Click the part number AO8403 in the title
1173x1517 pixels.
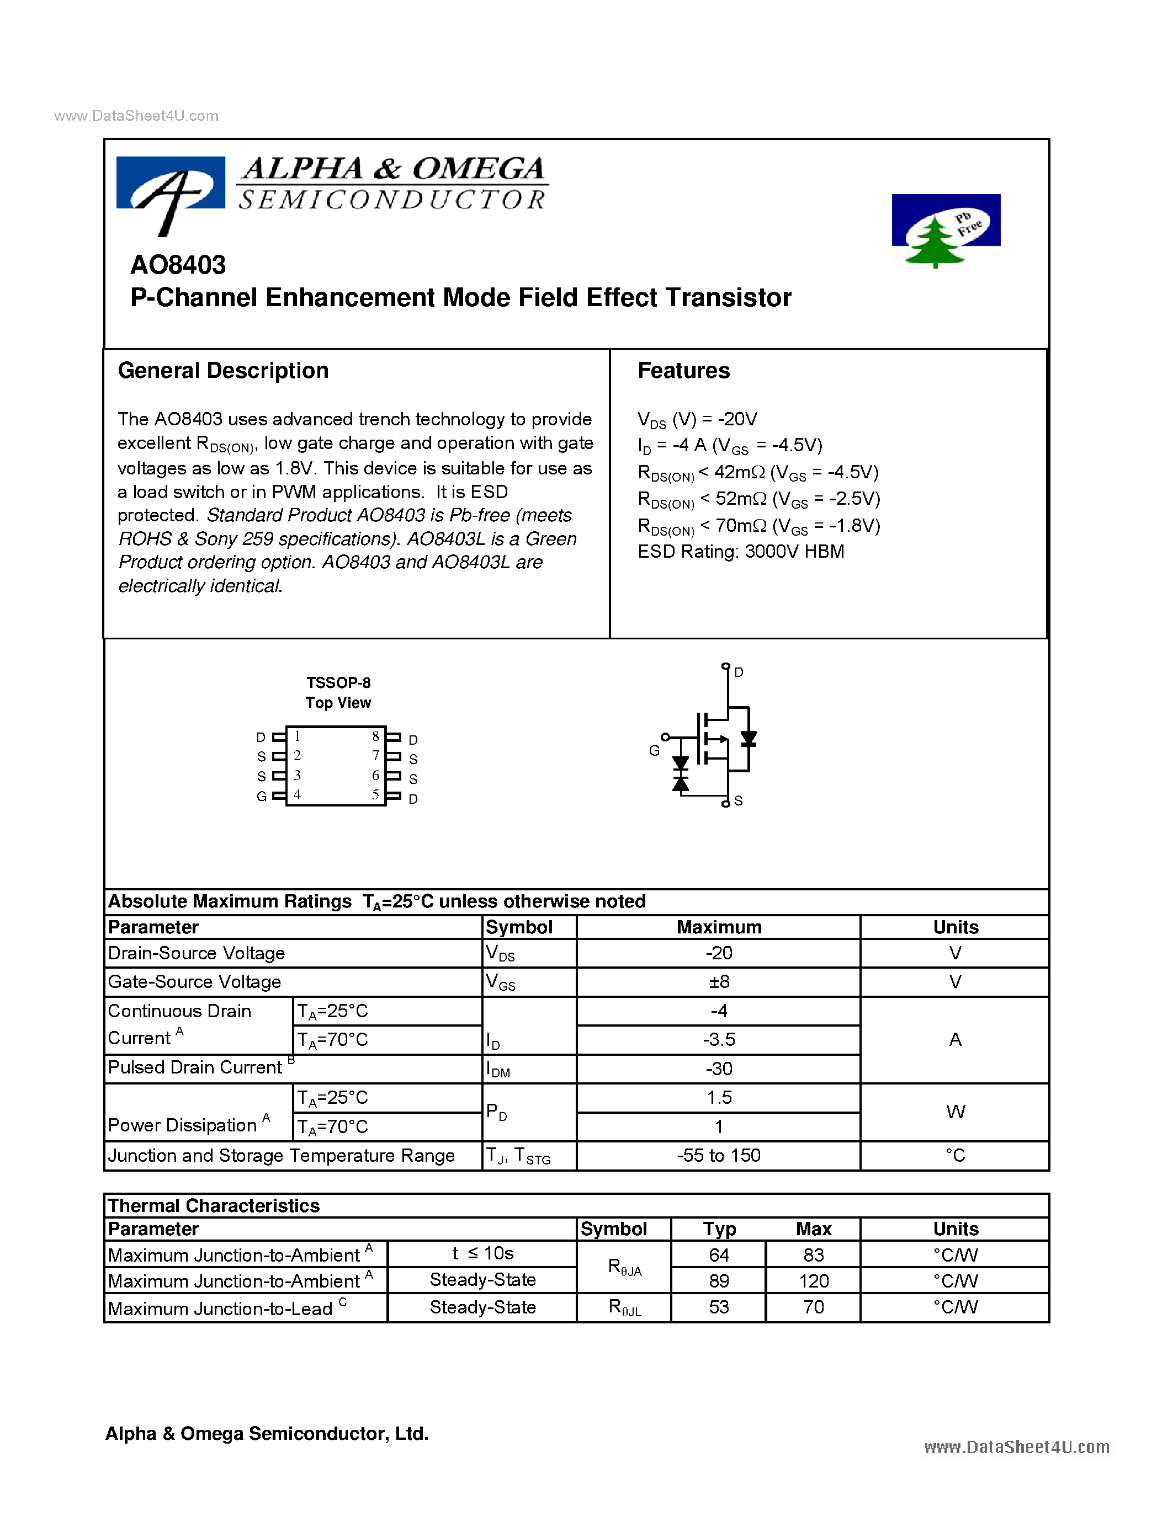coord(178,265)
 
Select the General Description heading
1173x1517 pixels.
coord(223,370)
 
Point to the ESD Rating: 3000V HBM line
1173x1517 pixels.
coord(741,552)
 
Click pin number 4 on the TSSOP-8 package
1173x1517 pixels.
coord(298,794)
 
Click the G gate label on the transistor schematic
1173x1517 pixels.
coord(654,750)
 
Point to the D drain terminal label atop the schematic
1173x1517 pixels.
coord(739,672)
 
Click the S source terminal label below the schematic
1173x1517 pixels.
coord(738,801)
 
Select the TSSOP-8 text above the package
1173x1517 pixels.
coord(338,683)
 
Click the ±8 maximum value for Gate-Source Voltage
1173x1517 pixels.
coord(719,981)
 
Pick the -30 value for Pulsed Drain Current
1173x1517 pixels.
coord(719,1069)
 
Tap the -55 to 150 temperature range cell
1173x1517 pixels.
coord(719,1155)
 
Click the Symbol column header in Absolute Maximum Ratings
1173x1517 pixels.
coord(519,927)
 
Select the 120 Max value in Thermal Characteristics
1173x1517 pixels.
coord(813,1281)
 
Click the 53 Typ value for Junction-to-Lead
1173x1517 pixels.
coord(719,1307)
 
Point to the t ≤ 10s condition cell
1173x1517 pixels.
coord(482,1253)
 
